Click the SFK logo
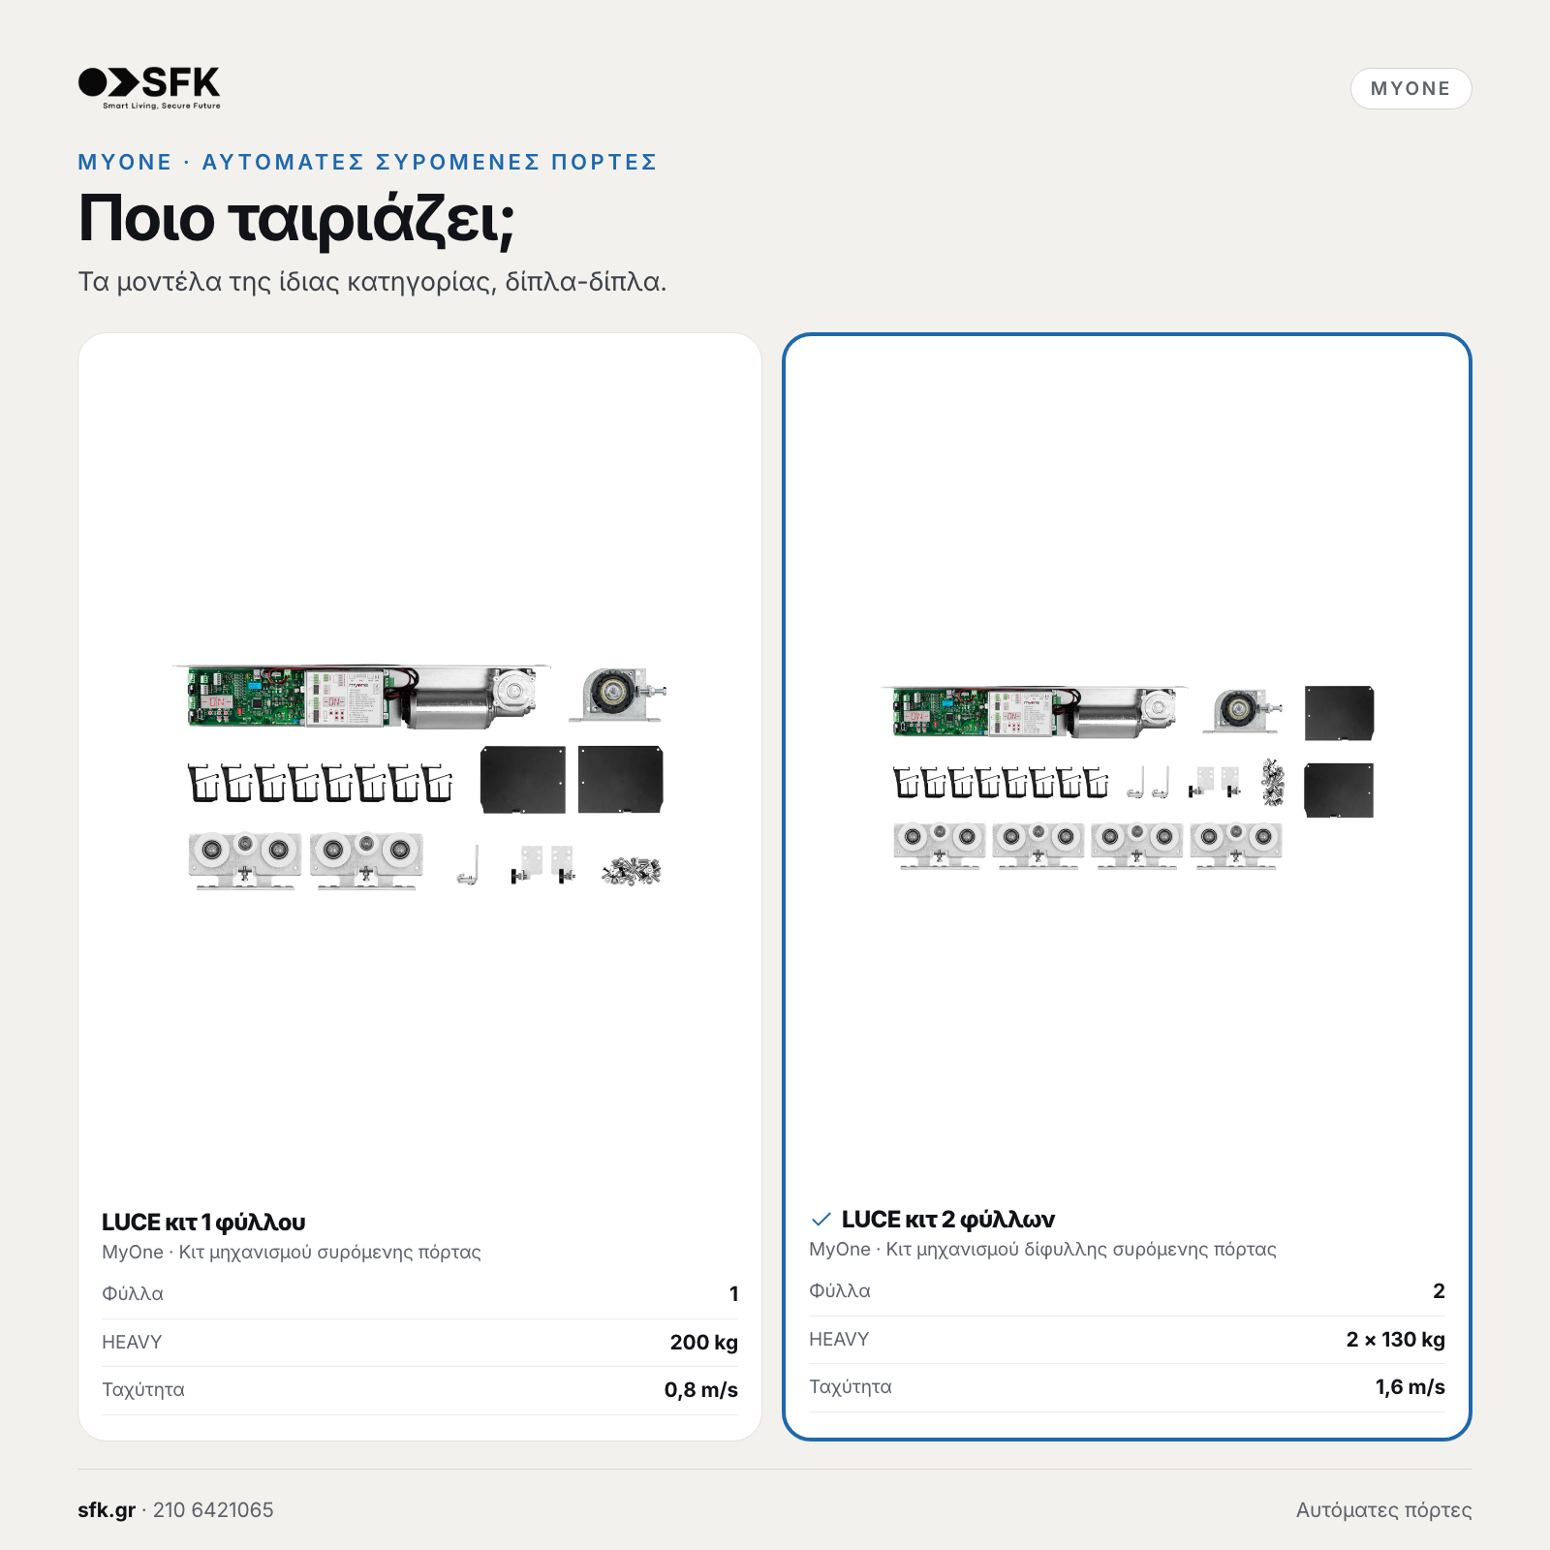tap(149, 87)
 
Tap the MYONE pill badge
tap(1410, 88)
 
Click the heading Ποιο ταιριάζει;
tap(296, 219)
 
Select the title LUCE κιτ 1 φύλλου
tap(203, 1223)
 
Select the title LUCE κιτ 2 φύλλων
tap(947, 1220)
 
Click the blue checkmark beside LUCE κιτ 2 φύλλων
tap(821, 1219)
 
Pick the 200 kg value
tap(704, 1342)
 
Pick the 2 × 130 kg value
tap(1395, 1339)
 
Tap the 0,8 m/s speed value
tap(701, 1390)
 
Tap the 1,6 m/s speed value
tap(1410, 1387)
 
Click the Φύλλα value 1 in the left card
tap(734, 1293)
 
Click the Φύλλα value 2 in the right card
tap(1440, 1290)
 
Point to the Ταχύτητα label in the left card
tap(143, 1390)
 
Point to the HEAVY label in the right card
tap(839, 1339)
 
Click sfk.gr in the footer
tap(107, 1510)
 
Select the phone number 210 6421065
tap(213, 1510)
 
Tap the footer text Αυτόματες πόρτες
tap(1383, 1510)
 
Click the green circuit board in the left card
tap(246, 696)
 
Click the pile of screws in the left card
tap(631, 871)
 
